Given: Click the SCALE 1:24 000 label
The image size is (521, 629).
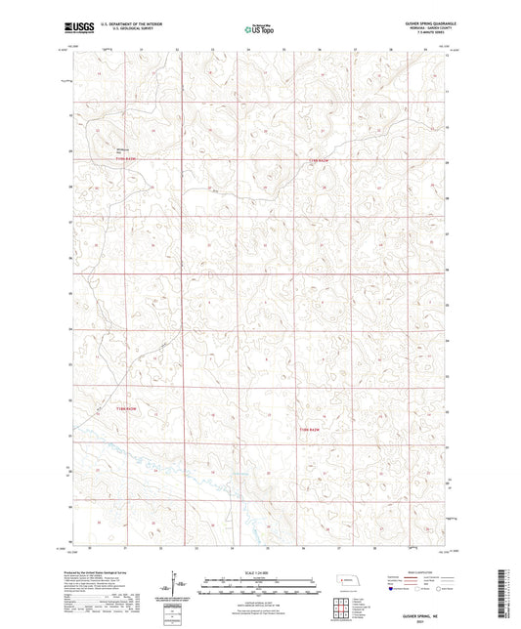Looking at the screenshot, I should pyautogui.click(x=260, y=571).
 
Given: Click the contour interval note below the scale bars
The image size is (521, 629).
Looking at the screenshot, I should pyautogui.click(x=260, y=597).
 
